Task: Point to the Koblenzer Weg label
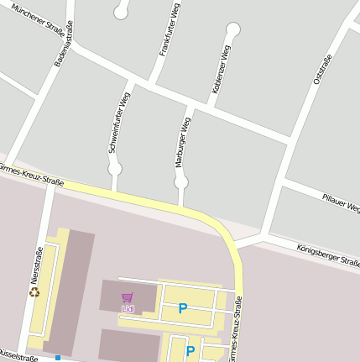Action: [x=222, y=69]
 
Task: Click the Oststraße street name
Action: [x=322, y=69]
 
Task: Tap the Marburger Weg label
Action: [x=183, y=140]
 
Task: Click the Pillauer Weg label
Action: [x=341, y=202]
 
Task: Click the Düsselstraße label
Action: [x=17, y=356]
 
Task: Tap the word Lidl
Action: [x=128, y=308]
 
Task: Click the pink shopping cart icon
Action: [x=128, y=297]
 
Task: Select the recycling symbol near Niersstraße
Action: [x=34, y=292]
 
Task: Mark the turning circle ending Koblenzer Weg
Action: [x=233, y=29]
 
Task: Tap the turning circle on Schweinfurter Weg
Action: [x=115, y=169]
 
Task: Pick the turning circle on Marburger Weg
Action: [x=180, y=181]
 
